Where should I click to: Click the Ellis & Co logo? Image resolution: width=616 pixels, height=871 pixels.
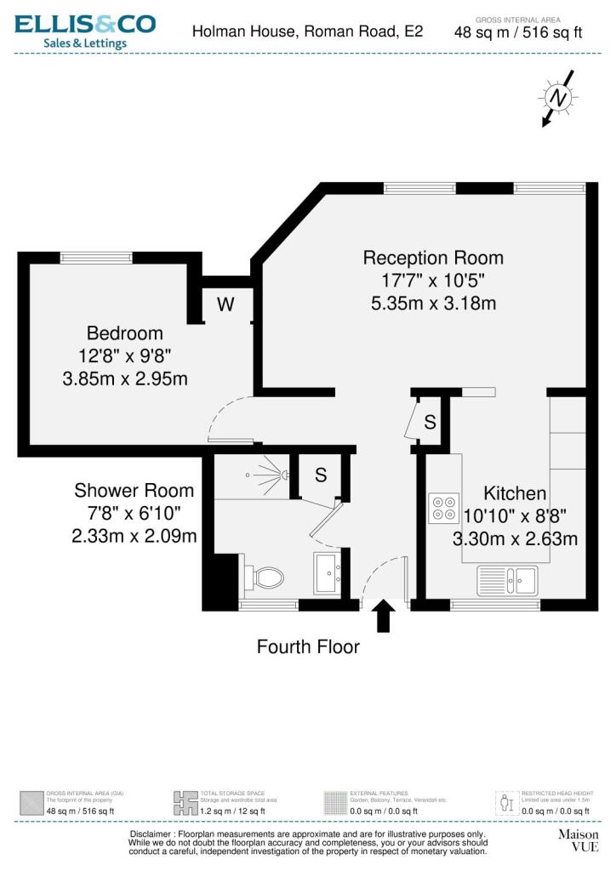tap(85, 31)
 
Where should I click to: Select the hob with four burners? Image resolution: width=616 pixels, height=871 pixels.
tap(443, 507)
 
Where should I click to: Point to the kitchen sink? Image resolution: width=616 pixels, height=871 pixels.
tap(507, 580)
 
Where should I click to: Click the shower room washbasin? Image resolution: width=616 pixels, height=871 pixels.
tap(327, 572)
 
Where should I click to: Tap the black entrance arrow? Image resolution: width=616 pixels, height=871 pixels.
tap(383, 615)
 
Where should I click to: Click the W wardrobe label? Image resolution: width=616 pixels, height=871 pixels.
tap(225, 304)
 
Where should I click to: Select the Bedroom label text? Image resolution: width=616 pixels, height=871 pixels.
tap(125, 333)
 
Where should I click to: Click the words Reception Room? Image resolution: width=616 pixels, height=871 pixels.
tap(433, 258)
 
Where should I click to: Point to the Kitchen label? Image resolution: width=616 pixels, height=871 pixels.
tap(515, 493)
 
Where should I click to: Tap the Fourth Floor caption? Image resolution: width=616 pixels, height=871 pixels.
tap(308, 646)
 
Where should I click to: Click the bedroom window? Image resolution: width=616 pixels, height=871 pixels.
tap(96, 256)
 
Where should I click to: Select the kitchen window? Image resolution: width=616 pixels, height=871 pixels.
tap(494, 605)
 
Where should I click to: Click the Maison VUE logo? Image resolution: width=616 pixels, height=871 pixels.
tap(578, 841)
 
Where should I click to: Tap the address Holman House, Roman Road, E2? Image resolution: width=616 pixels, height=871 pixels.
tap(307, 31)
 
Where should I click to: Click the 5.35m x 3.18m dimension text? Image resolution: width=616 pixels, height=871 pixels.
tap(433, 303)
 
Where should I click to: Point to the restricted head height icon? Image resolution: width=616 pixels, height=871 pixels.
tap(507, 802)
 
